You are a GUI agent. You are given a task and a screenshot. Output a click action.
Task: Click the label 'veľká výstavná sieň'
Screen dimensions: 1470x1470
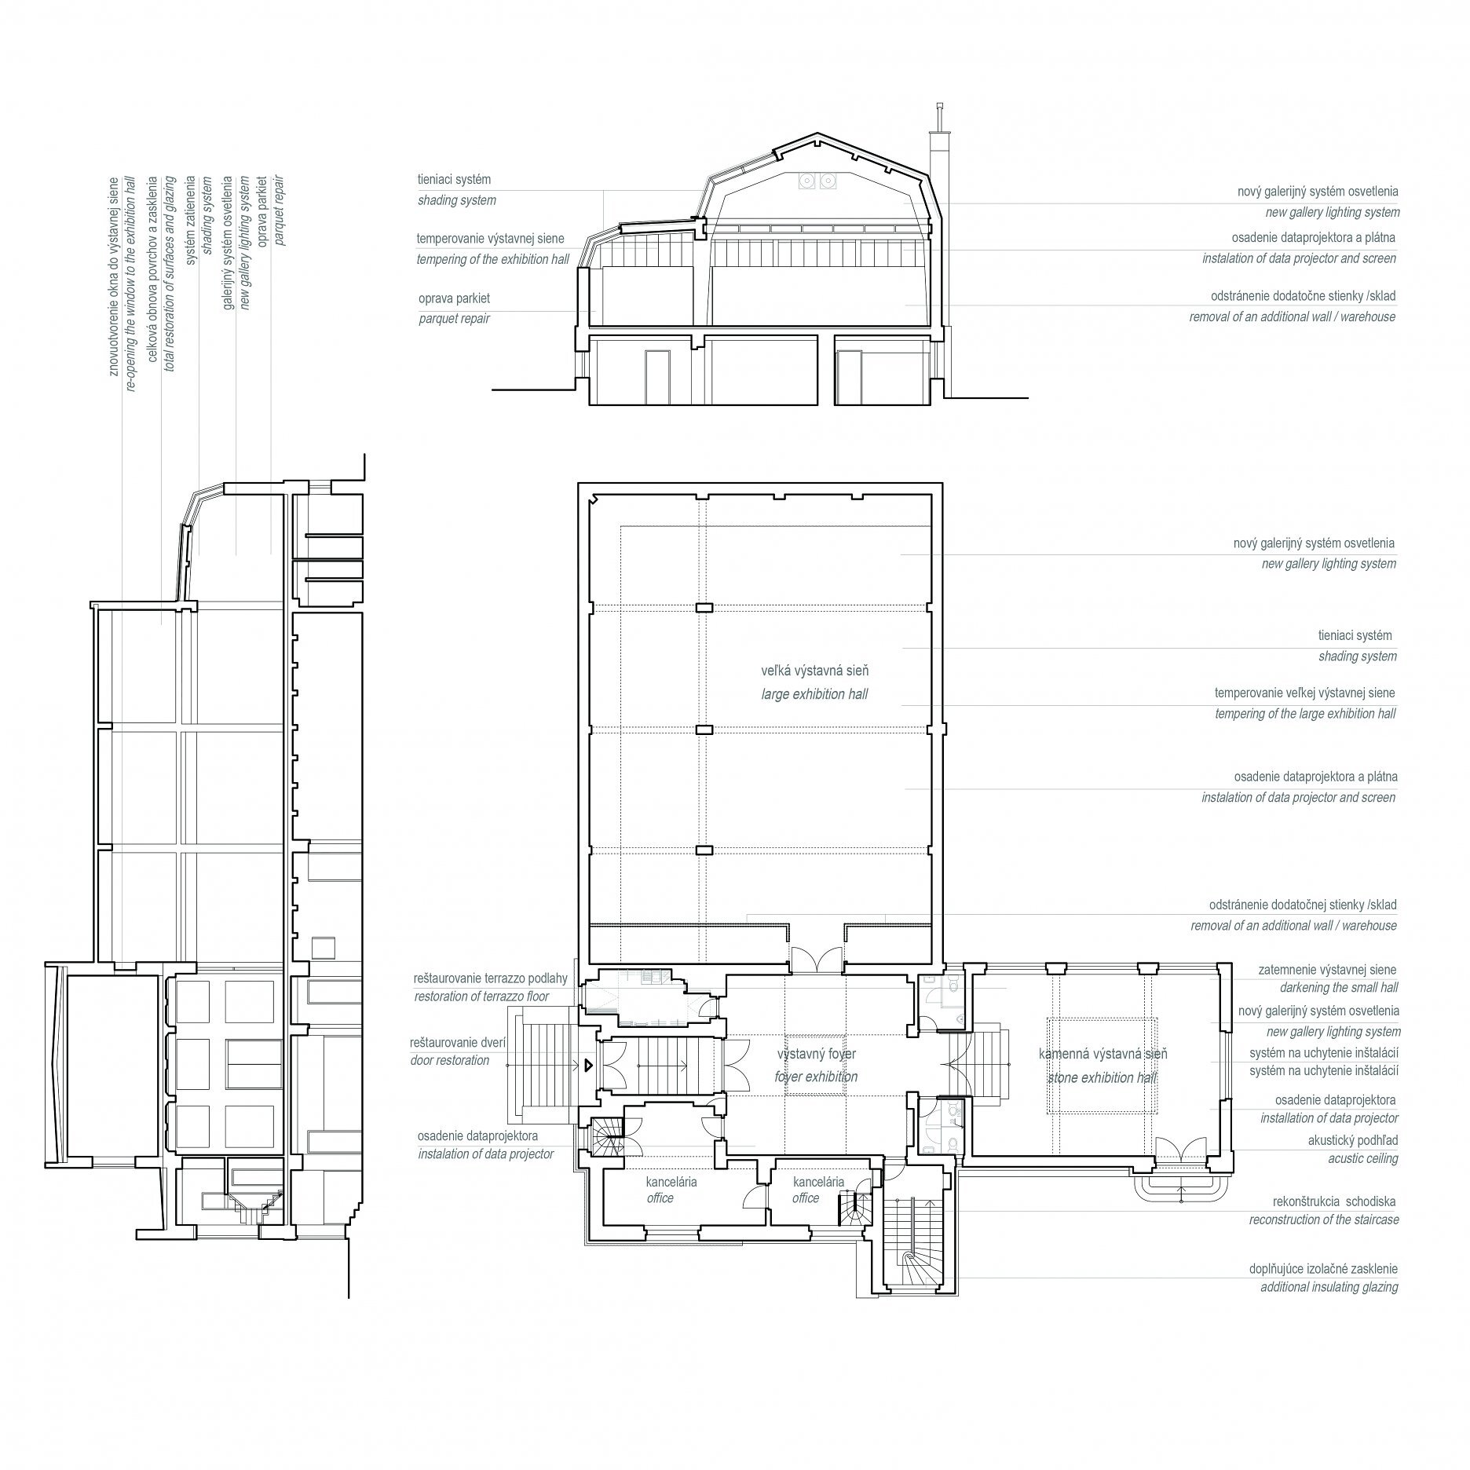(x=814, y=671)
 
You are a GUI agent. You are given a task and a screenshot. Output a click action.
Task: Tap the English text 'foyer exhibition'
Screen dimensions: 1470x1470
(x=816, y=1077)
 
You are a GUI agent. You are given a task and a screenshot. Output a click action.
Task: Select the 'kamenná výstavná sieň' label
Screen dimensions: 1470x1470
(x=1102, y=1054)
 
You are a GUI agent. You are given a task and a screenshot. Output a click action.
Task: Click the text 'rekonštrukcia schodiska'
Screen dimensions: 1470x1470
(x=1336, y=1201)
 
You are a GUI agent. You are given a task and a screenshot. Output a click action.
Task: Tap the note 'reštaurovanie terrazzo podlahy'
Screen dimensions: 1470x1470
(x=491, y=979)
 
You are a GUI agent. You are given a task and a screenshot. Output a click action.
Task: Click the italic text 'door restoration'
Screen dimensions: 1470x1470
(x=450, y=1060)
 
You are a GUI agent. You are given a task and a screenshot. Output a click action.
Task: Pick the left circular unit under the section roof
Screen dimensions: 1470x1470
(x=806, y=181)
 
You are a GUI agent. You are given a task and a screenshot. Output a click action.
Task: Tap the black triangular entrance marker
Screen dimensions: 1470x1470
(x=587, y=1066)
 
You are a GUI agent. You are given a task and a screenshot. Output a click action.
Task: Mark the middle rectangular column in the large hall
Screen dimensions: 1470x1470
(x=704, y=730)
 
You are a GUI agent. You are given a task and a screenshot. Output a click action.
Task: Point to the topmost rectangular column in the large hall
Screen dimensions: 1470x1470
(x=704, y=607)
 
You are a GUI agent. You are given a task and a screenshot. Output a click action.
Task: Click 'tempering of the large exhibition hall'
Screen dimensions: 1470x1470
(x=1305, y=714)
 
